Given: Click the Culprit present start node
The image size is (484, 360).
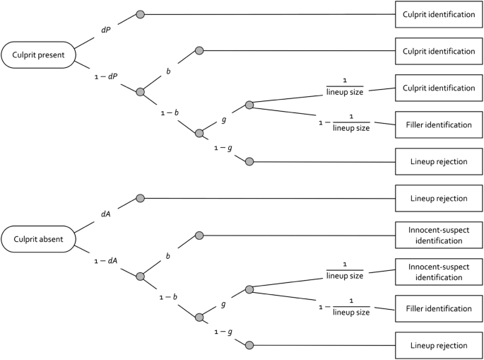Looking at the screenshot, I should (37, 54).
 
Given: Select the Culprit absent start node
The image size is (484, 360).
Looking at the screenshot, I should (37, 238).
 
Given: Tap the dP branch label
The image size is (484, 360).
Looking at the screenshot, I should (107, 31).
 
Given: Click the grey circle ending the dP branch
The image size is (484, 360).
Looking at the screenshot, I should (140, 14).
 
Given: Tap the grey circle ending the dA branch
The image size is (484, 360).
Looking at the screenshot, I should (140, 199).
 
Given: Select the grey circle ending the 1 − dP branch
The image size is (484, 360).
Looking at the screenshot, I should (140, 92).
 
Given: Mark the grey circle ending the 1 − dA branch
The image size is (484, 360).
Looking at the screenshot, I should (140, 277).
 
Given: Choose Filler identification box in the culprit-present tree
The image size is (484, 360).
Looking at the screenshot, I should (435, 124).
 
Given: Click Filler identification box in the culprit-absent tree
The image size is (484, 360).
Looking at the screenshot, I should (435, 308).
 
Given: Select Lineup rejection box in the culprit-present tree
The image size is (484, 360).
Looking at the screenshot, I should (435, 161).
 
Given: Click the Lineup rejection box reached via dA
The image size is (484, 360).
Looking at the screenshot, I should (435, 199).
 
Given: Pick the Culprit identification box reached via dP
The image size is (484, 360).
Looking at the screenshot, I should (435, 14).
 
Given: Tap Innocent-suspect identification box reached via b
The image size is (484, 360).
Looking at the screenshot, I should (435, 236).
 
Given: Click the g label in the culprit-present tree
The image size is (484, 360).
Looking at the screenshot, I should (223, 119).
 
